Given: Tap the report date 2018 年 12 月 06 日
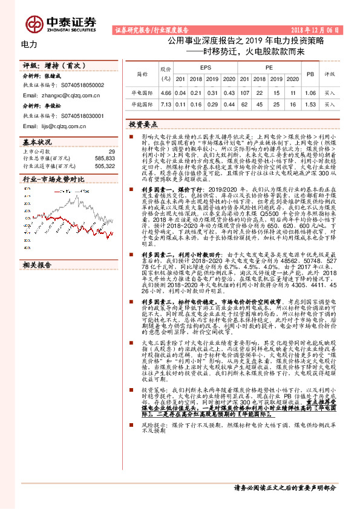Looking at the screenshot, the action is [x=315, y=29].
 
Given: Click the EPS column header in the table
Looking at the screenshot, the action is [x=205, y=68].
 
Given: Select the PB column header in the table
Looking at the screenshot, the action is [x=310, y=73].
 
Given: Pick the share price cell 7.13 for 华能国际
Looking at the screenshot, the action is [x=166, y=105].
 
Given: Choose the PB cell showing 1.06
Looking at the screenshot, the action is [x=310, y=93].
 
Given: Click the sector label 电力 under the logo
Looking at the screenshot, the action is [x=29, y=44].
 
